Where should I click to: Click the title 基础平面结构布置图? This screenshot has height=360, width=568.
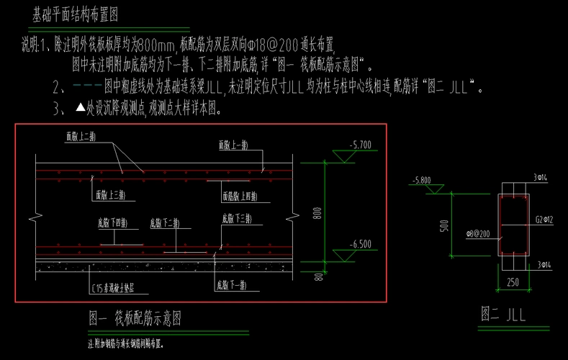tap(75, 14)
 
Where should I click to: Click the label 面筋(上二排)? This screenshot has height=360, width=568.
tap(81, 135)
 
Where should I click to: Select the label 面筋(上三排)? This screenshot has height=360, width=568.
tap(111, 195)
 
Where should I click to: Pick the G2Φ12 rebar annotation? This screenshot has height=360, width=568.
tap(544, 218)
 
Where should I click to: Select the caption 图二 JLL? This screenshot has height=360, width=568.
tap(504, 314)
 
